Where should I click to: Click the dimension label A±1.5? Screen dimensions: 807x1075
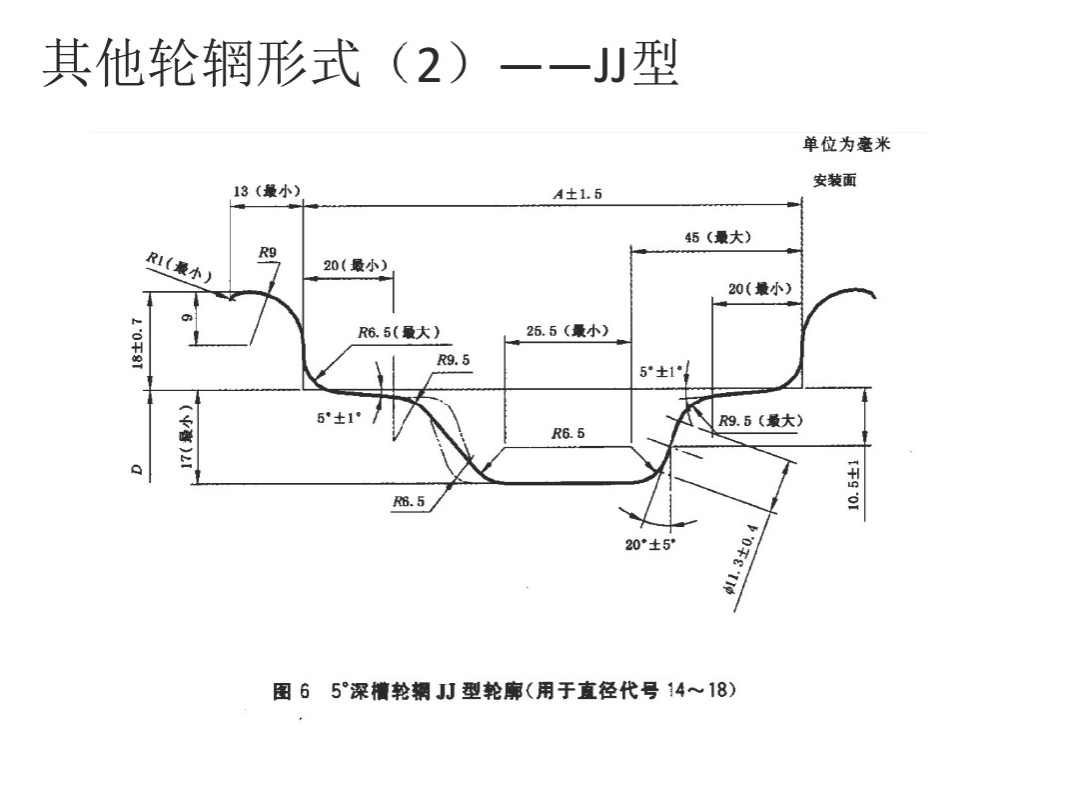point(577,194)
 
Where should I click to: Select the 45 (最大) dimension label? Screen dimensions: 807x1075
point(717,237)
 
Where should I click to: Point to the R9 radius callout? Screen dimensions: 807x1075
point(267,251)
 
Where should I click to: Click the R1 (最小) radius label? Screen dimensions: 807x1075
point(174,267)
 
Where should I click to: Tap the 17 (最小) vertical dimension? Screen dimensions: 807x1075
point(186,437)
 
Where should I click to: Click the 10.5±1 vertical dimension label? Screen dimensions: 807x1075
point(852,485)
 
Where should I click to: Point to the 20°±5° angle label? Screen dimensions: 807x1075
point(650,544)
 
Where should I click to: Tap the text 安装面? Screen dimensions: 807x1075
point(834,181)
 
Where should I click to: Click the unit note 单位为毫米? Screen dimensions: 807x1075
point(846,145)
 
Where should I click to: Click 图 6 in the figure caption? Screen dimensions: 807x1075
point(292,691)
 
